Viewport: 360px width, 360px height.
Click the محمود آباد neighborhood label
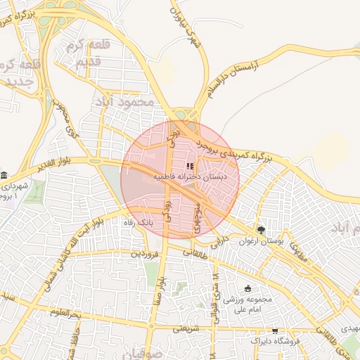[123, 103]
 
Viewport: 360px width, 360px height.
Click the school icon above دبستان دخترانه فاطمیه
[190, 166]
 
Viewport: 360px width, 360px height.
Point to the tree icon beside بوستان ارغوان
[262, 229]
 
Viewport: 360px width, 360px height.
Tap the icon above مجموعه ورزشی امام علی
[247, 288]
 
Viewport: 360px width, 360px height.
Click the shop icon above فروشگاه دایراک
[274, 330]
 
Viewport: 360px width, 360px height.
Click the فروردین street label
[144, 253]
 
